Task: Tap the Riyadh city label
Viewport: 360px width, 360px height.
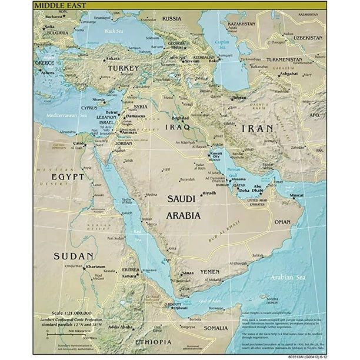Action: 209,193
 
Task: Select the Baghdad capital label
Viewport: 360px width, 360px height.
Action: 181,118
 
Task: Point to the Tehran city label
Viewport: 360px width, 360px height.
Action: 239,98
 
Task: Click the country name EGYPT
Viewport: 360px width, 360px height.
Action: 68,176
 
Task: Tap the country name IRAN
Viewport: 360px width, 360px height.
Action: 260,128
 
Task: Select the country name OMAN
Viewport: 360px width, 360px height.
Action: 282,222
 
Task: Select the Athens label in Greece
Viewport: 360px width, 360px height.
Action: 49,72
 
